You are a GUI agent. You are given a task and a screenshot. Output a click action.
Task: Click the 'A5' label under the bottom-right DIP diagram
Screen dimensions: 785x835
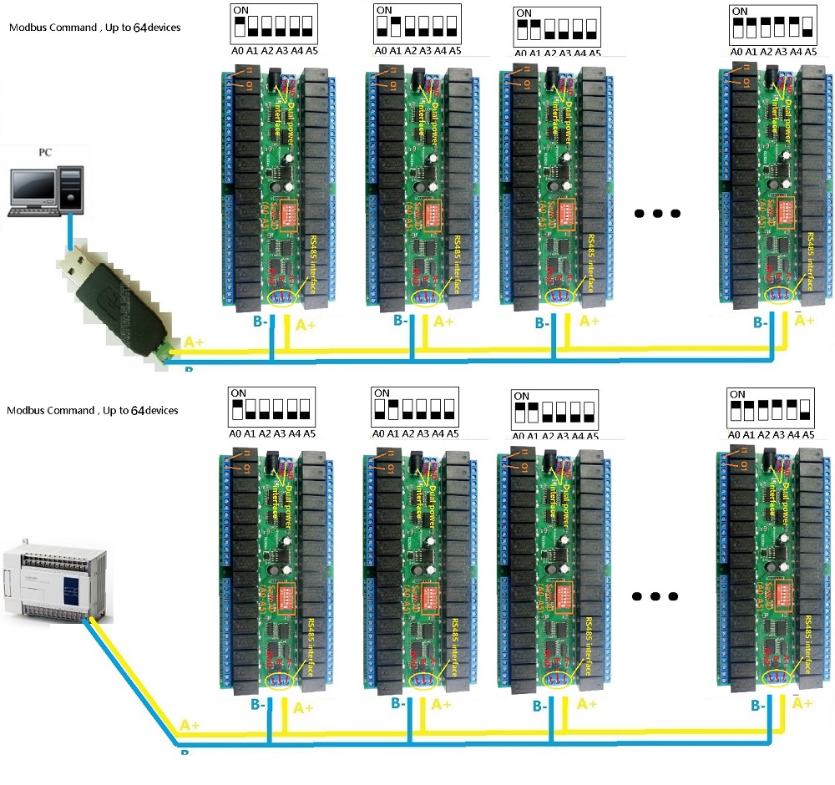coord(808,433)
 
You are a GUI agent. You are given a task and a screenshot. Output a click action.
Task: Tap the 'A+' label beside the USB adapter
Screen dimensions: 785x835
coord(194,342)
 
